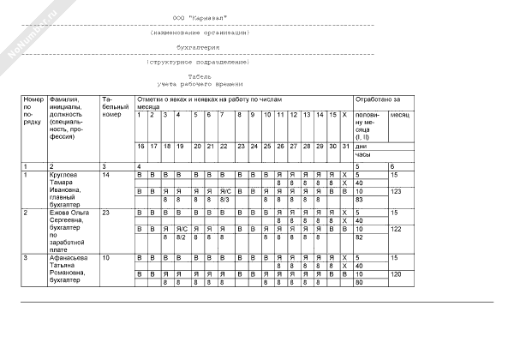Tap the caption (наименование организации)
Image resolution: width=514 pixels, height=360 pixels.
198,33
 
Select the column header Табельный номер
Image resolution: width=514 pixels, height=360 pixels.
113,106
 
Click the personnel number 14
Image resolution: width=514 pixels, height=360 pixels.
106,175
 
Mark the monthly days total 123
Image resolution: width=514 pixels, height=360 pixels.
397,191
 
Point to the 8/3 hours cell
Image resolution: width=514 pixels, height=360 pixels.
225,199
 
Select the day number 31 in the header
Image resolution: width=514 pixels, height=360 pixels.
344,147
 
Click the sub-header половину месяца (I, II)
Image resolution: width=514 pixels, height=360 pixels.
368,125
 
